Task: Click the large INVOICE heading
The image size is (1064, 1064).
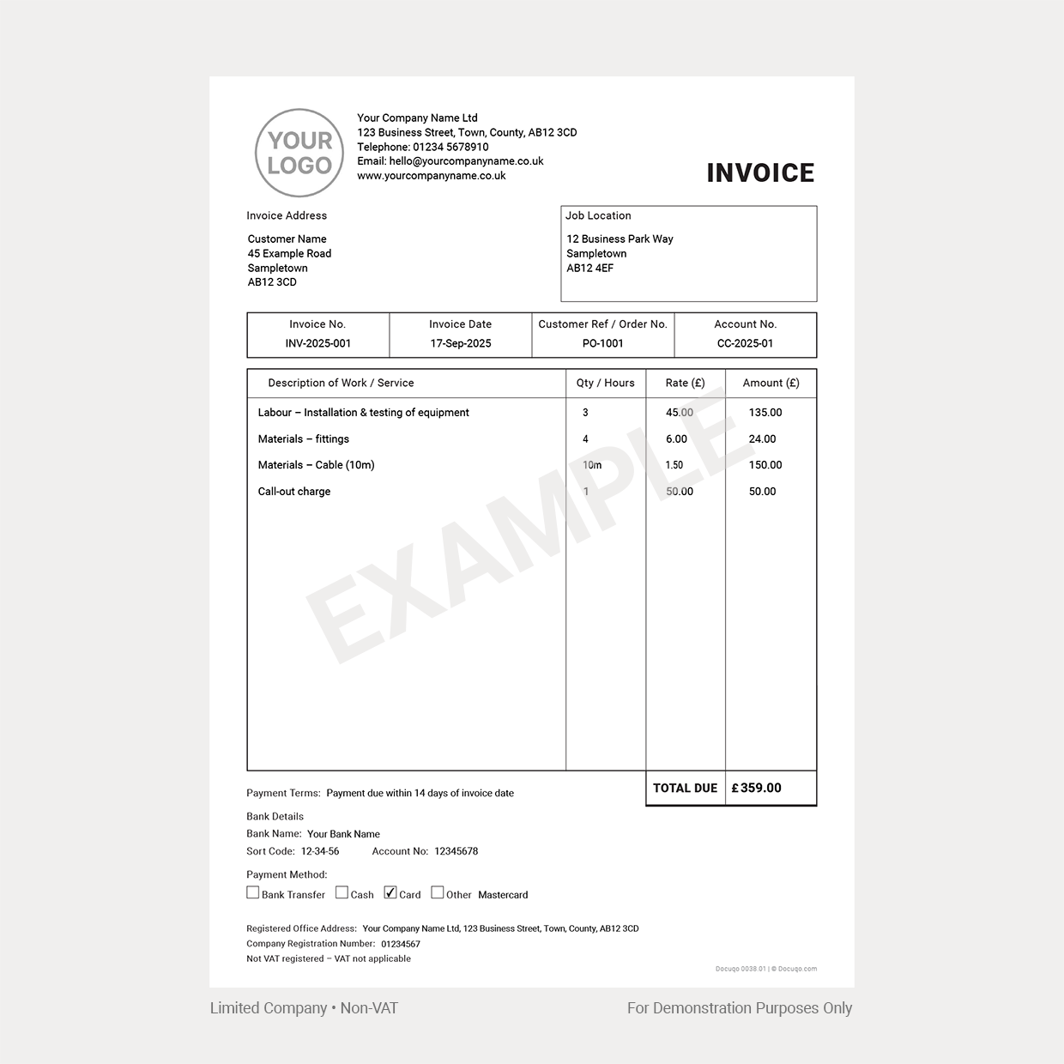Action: pyautogui.click(x=760, y=173)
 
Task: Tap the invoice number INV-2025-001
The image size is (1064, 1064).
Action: pyautogui.click(x=317, y=343)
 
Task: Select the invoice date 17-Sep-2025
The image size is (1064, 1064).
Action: pyautogui.click(x=461, y=343)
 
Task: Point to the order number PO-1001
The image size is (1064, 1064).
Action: pyautogui.click(x=602, y=343)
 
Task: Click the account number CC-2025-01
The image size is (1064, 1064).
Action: pyautogui.click(x=745, y=343)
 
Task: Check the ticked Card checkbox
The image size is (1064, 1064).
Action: pyautogui.click(x=390, y=892)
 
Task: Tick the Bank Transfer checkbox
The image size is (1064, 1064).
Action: pyautogui.click(x=253, y=892)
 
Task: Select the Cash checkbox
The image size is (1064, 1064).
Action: pyautogui.click(x=342, y=892)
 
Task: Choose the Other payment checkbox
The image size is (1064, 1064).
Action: pyautogui.click(x=438, y=892)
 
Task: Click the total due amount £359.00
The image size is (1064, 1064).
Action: pyautogui.click(x=756, y=788)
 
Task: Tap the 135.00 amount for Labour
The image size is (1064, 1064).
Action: pyautogui.click(x=765, y=413)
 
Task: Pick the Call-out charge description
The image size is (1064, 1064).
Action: pyautogui.click(x=294, y=492)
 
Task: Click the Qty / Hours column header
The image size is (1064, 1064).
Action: pyautogui.click(x=606, y=383)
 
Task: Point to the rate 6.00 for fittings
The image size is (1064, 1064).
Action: pyautogui.click(x=676, y=439)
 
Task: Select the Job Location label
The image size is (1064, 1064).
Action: pyautogui.click(x=598, y=215)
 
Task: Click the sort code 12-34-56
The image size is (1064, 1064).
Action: pyautogui.click(x=320, y=851)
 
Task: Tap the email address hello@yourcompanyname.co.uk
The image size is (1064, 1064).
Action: pyautogui.click(x=466, y=161)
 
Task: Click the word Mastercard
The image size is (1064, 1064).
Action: pyautogui.click(x=503, y=895)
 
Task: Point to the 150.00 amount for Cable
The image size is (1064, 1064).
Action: pyautogui.click(x=765, y=465)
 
